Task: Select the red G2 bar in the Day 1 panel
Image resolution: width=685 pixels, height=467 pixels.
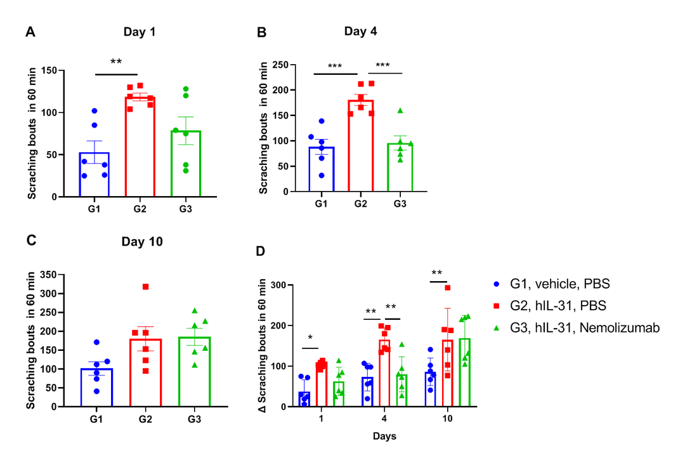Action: pos(140,146)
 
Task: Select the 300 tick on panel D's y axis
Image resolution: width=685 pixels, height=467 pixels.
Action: pos(277,285)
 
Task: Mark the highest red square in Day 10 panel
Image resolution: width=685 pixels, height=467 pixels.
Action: pos(145,287)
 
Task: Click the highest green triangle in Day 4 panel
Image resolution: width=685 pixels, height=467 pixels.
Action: pos(400,110)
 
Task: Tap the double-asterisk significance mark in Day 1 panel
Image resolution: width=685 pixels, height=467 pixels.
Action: pos(116,62)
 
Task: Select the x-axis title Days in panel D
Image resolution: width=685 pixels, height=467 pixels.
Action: pos(384,437)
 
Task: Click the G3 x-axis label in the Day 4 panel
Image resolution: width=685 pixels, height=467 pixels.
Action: pos(399,204)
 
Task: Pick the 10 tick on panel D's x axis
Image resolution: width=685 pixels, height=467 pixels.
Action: pos(447,420)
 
